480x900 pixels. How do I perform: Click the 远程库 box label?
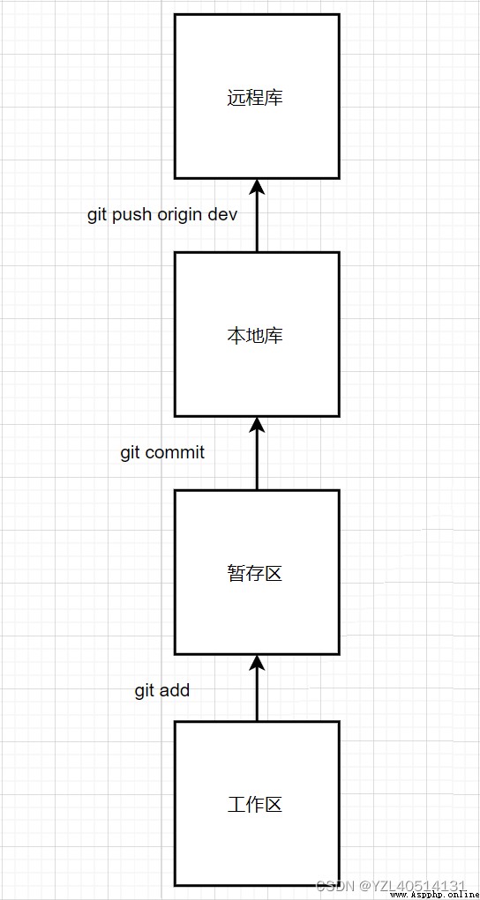255,98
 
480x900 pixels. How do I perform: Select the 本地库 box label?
255,336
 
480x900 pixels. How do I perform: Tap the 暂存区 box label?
255,573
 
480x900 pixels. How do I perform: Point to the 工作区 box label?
255,805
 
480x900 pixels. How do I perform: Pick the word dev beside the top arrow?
223,215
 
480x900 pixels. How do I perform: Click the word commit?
175,452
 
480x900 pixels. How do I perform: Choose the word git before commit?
131,453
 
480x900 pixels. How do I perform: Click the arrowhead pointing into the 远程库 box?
257,187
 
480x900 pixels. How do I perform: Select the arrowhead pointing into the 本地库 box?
257,425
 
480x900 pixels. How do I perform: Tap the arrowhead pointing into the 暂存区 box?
257,663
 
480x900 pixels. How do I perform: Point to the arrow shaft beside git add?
257,695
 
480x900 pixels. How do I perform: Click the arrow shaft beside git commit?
257,461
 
